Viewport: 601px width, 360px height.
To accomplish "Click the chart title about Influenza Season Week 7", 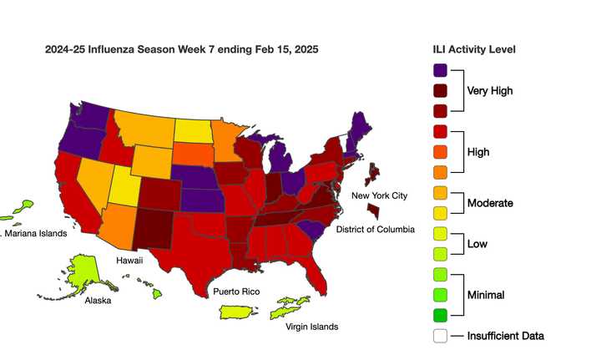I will click(181, 50).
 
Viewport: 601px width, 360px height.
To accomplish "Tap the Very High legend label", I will click(489, 91).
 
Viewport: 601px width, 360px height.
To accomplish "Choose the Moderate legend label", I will click(490, 203).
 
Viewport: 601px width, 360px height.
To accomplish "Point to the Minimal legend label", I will click(487, 295).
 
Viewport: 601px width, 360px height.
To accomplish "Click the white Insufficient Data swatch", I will click(440, 336).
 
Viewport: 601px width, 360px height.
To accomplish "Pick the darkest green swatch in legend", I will click(440, 316).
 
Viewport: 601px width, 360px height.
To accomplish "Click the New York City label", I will click(379, 195).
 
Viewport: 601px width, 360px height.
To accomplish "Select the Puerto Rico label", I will click(235, 292).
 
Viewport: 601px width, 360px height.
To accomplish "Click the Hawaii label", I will click(129, 261).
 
